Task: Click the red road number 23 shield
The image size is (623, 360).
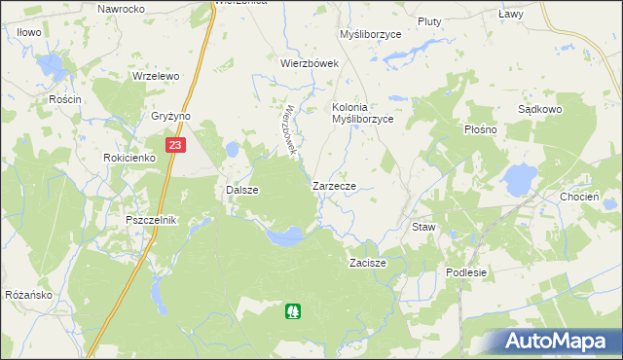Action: click(174, 145)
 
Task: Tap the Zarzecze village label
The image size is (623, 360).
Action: click(340, 185)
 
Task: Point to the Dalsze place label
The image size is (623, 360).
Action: click(241, 190)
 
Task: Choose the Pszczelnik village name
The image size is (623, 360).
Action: click(151, 220)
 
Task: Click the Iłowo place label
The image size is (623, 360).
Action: click(28, 32)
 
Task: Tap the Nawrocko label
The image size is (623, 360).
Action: click(121, 8)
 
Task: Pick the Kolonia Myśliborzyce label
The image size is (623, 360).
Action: click(362, 113)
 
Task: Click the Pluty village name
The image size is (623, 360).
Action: click(429, 20)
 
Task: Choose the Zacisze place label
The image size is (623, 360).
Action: click(368, 263)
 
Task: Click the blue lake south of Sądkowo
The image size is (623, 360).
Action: click(519, 178)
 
